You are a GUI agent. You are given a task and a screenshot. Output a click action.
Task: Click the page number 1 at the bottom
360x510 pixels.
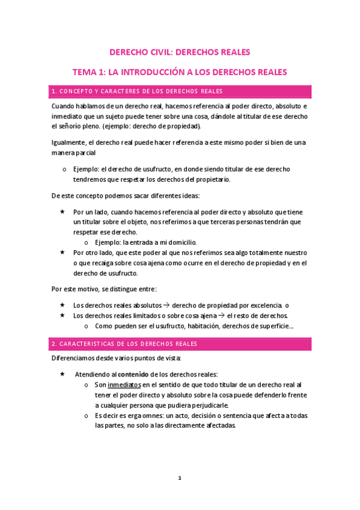tap(179, 478)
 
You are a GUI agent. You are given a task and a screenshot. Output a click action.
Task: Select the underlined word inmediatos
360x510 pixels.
tap(124, 384)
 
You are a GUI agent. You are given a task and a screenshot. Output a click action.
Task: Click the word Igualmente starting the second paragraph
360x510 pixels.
tap(70, 143)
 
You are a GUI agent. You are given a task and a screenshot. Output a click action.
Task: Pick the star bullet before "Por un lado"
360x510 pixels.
tap(63, 212)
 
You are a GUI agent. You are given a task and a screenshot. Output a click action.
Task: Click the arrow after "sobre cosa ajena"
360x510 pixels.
tap(221, 316)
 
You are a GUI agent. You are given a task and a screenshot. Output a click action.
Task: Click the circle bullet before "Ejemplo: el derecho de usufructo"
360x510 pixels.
tap(64, 169)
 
